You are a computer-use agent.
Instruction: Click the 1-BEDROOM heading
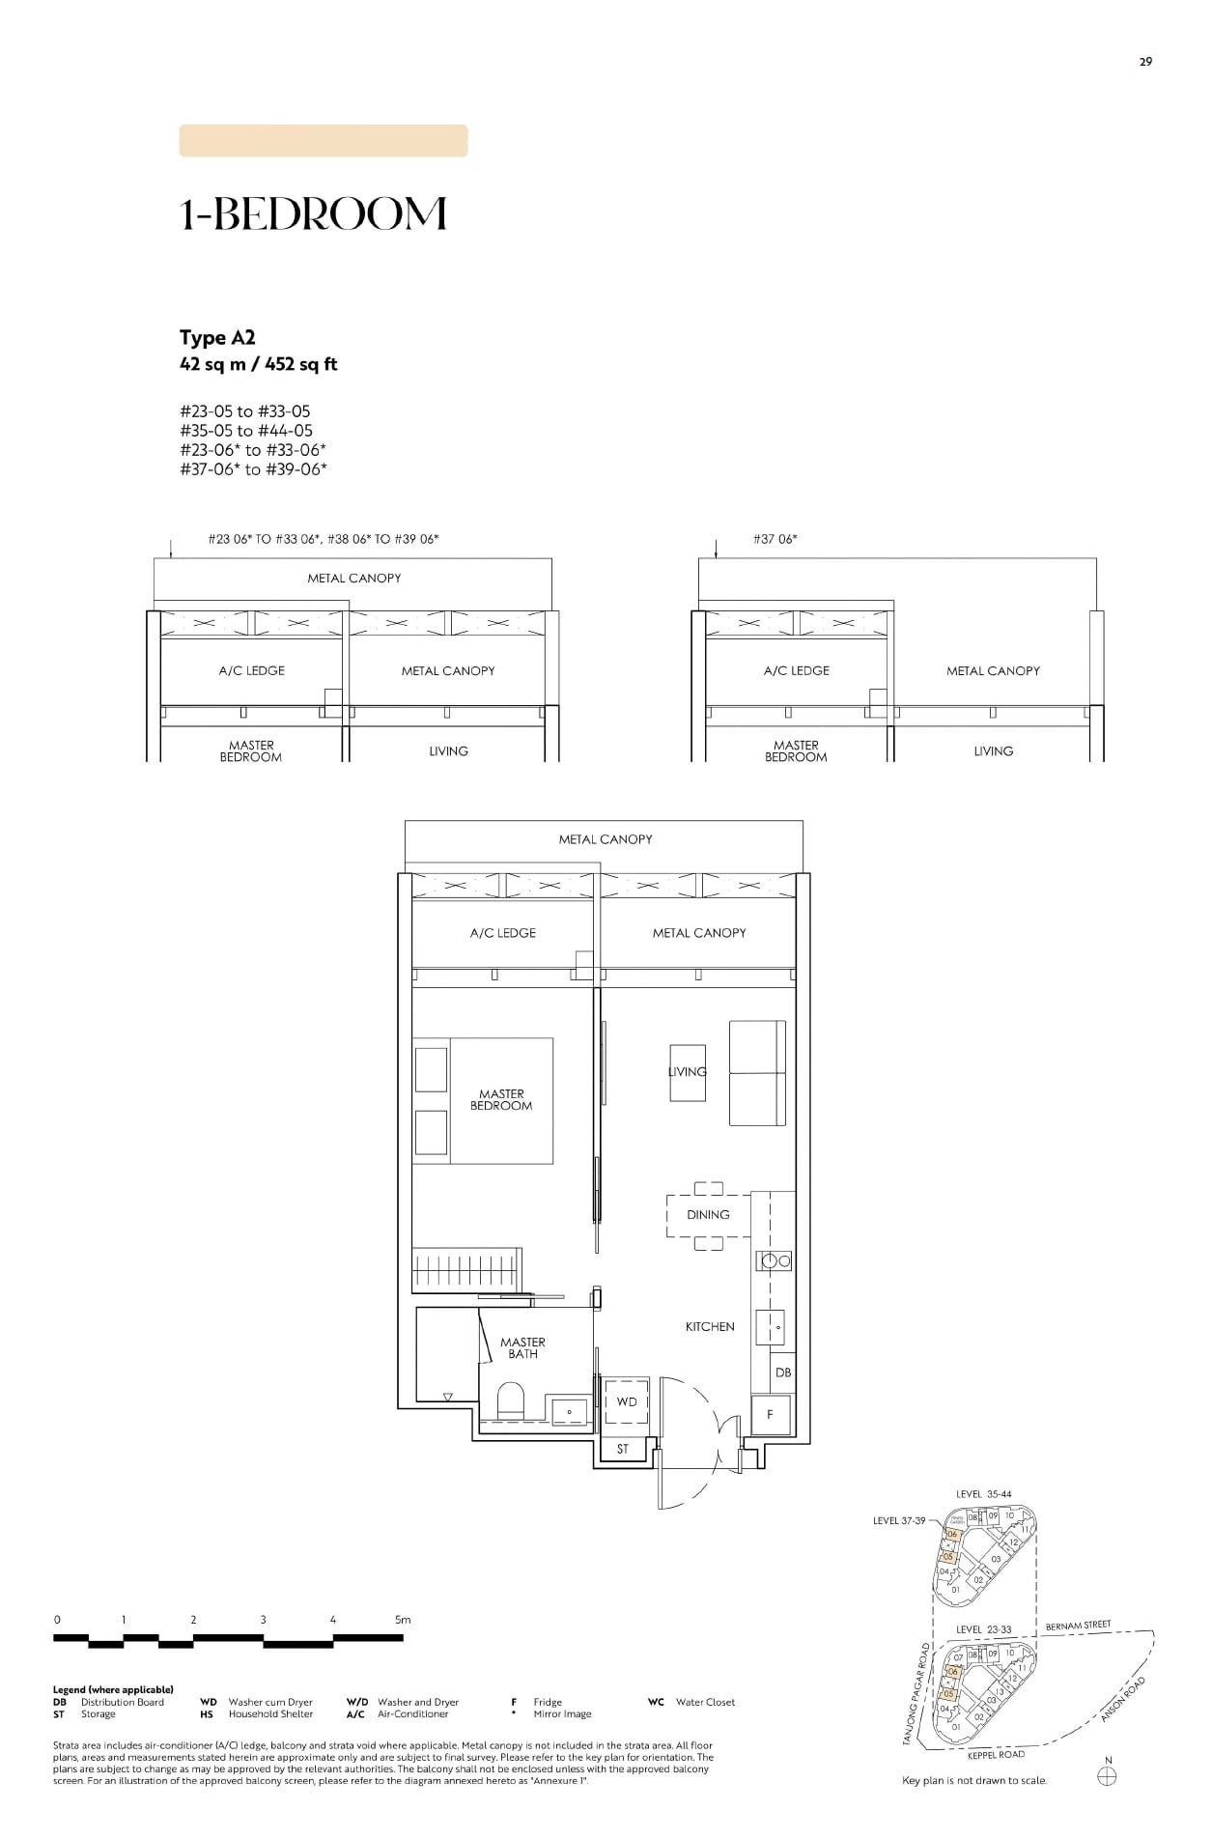[x=313, y=214]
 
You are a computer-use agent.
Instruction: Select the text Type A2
[x=217, y=338]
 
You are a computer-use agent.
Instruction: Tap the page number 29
[x=1145, y=62]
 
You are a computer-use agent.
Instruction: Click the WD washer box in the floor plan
[x=627, y=1401]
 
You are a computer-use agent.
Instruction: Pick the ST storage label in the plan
[x=623, y=1449]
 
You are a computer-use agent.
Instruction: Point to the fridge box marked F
[x=771, y=1414]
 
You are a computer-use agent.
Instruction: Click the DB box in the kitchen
[x=783, y=1372]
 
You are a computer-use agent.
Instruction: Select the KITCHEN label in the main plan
[x=710, y=1327]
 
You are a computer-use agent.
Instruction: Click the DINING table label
[x=708, y=1215]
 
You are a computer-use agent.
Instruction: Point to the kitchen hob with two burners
[x=775, y=1260]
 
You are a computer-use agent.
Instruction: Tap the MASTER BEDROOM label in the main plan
[x=501, y=1100]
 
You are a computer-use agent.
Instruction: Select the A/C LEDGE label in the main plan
[x=502, y=933]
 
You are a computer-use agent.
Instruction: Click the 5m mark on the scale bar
[x=403, y=1620]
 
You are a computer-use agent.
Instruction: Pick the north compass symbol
[x=1108, y=1777]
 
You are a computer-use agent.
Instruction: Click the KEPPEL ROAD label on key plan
[x=996, y=1755]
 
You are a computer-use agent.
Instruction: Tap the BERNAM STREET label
[x=1078, y=1626]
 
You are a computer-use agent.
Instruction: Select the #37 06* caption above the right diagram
[x=775, y=539]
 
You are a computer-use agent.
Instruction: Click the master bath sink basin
[x=569, y=1409]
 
